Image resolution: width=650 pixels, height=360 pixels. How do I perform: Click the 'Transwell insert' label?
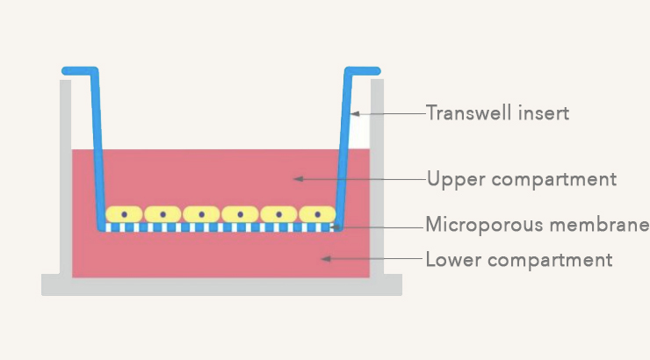click(497, 113)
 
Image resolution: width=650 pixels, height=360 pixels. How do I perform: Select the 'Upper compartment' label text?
click(521, 180)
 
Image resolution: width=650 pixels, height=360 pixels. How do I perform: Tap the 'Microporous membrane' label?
click(537, 224)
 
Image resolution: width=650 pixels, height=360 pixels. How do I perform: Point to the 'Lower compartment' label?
click(518, 260)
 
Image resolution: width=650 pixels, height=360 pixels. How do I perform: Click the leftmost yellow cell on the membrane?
click(124, 214)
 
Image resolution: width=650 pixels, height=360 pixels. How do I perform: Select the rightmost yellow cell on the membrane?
click(317, 214)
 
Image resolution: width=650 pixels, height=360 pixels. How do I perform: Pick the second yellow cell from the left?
click(162, 214)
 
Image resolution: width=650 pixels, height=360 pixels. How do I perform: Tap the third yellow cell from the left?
click(201, 214)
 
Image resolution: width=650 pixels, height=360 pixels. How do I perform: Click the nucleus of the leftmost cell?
click(125, 214)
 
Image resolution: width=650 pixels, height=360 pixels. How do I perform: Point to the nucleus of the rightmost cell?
click(317, 214)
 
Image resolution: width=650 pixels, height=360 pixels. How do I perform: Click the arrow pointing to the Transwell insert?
click(386, 113)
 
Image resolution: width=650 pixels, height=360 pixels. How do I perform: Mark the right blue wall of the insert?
click(346, 149)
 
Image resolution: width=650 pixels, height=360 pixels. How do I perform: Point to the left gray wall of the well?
click(65, 176)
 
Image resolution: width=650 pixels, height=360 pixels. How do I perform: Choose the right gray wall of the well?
click(377, 176)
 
